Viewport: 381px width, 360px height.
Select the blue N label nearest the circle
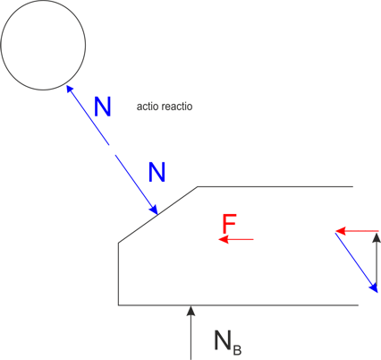103,107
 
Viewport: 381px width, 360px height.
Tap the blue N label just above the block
157,172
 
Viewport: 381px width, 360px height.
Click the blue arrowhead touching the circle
69,89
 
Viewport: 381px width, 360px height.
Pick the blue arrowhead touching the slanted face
154,210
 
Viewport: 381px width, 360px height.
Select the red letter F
229,224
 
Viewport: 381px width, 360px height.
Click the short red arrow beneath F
236,239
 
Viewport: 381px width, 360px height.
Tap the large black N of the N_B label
223,340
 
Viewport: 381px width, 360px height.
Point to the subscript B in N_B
237,349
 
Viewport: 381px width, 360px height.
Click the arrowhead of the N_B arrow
190,311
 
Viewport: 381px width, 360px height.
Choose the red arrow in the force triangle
357,231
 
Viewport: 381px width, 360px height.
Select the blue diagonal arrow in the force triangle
357,262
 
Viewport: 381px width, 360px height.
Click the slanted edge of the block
158,215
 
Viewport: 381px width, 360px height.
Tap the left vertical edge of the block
119,274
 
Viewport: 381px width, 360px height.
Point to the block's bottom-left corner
119,305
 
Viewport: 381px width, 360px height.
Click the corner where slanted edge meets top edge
198,187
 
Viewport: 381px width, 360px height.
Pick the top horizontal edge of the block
275,187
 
